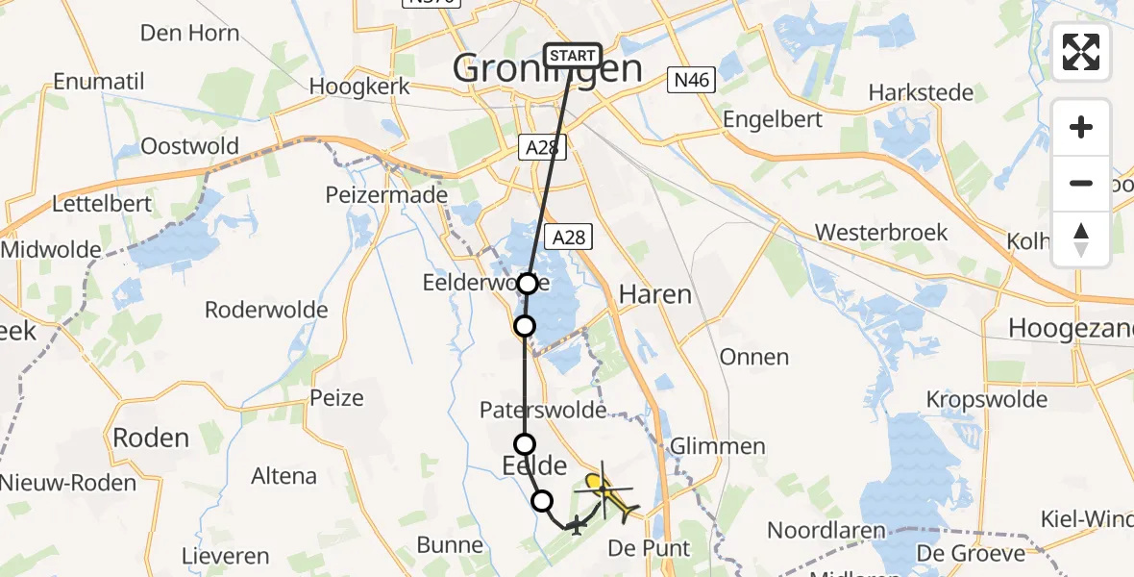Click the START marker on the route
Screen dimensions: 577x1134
573,56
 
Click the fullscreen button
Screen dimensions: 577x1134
1081,52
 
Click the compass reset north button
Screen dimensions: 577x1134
1081,239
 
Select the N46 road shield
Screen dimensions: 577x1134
691,81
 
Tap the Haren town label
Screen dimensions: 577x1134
655,294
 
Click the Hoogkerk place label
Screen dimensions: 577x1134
359,87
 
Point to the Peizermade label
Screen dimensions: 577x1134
386,194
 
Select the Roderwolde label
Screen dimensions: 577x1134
266,310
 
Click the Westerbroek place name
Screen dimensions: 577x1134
880,233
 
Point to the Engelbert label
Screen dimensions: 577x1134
773,120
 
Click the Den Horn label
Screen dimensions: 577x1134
191,33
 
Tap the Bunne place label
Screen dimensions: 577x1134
450,546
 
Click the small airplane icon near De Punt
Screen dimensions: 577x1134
575,525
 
